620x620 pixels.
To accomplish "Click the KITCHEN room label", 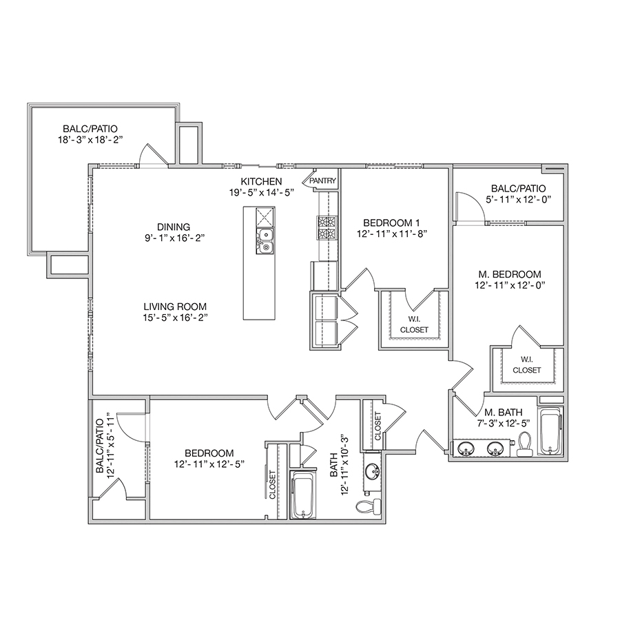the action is pyautogui.click(x=261, y=181).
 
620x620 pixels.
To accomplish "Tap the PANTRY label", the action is pyautogui.click(x=322, y=180).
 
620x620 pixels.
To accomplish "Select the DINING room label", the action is pyautogui.click(x=174, y=227).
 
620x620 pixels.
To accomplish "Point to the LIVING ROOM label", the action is pyautogui.click(x=175, y=307).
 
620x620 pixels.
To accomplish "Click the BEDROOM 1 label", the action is pyautogui.click(x=391, y=223).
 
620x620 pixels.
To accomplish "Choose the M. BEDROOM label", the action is pyautogui.click(x=510, y=274).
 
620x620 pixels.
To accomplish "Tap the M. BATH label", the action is pyautogui.click(x=503, y=413).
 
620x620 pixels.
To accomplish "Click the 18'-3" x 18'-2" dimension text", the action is pyautogui.click(x=90, y=140).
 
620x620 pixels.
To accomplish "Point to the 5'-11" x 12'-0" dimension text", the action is pyautogui.click(x=518, y=199).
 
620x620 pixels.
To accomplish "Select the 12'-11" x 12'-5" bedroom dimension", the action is pyautogui.click(x=209, y=464).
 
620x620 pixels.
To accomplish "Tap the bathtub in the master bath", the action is pyautogui.click(x=551, y=431).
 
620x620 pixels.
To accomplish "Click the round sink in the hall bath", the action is pyautogui.click(x=373, y=471).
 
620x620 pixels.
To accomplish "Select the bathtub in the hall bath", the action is pyautogui.click(x=303, y=495).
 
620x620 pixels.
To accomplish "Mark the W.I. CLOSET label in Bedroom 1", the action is pyautogui.click(x=414, y=324).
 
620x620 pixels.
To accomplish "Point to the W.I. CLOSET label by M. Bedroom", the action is pyautogui.click(x=527, y=365).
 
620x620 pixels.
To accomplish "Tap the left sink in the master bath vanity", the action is pyautogui.click(x=466, y=448).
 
